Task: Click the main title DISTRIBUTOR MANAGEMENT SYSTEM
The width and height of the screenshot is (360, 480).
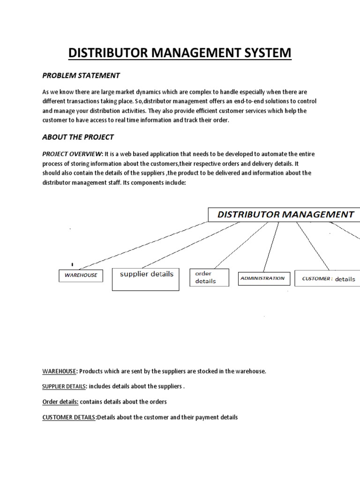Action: [180, 52]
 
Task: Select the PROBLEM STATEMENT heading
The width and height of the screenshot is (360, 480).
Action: [81, 75]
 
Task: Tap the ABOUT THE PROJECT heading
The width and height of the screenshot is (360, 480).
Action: [78, 137]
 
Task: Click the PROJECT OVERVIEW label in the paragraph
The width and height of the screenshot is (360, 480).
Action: [72, 154]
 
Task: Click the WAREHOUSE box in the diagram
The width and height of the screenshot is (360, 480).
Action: [81, 275]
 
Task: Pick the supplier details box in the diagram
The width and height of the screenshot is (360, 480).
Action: [147, 279]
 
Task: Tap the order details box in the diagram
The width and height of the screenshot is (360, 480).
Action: [209, 277]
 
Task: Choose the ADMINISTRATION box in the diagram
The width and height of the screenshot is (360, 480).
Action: [262, 278]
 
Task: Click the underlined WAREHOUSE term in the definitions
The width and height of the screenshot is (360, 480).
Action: [59, 371]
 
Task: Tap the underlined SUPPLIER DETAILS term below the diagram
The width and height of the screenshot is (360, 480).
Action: [64, 387]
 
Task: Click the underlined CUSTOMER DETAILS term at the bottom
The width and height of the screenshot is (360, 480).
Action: [69, 417]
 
